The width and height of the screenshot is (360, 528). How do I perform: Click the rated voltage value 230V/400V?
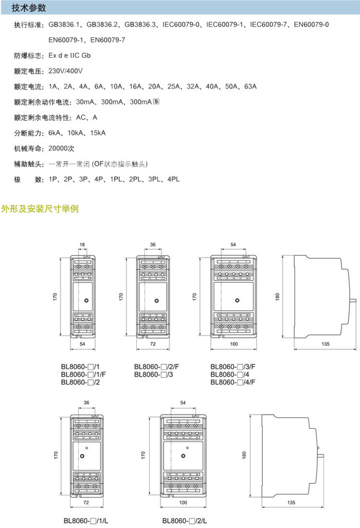[65, 71]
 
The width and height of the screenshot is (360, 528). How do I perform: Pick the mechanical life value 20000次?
[62, 148]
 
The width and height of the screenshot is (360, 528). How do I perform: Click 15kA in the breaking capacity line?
[97, 133]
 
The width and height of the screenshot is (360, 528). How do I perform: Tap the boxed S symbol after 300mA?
[156, 101]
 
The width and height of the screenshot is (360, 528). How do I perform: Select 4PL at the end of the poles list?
[174, 179]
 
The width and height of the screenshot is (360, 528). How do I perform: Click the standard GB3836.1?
[65, 24]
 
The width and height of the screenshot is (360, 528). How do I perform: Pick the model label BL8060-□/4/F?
[233, 382]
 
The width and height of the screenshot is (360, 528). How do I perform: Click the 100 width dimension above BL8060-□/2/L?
[183, 502]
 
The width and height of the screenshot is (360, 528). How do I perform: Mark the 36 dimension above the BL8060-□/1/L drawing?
[86, 402]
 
